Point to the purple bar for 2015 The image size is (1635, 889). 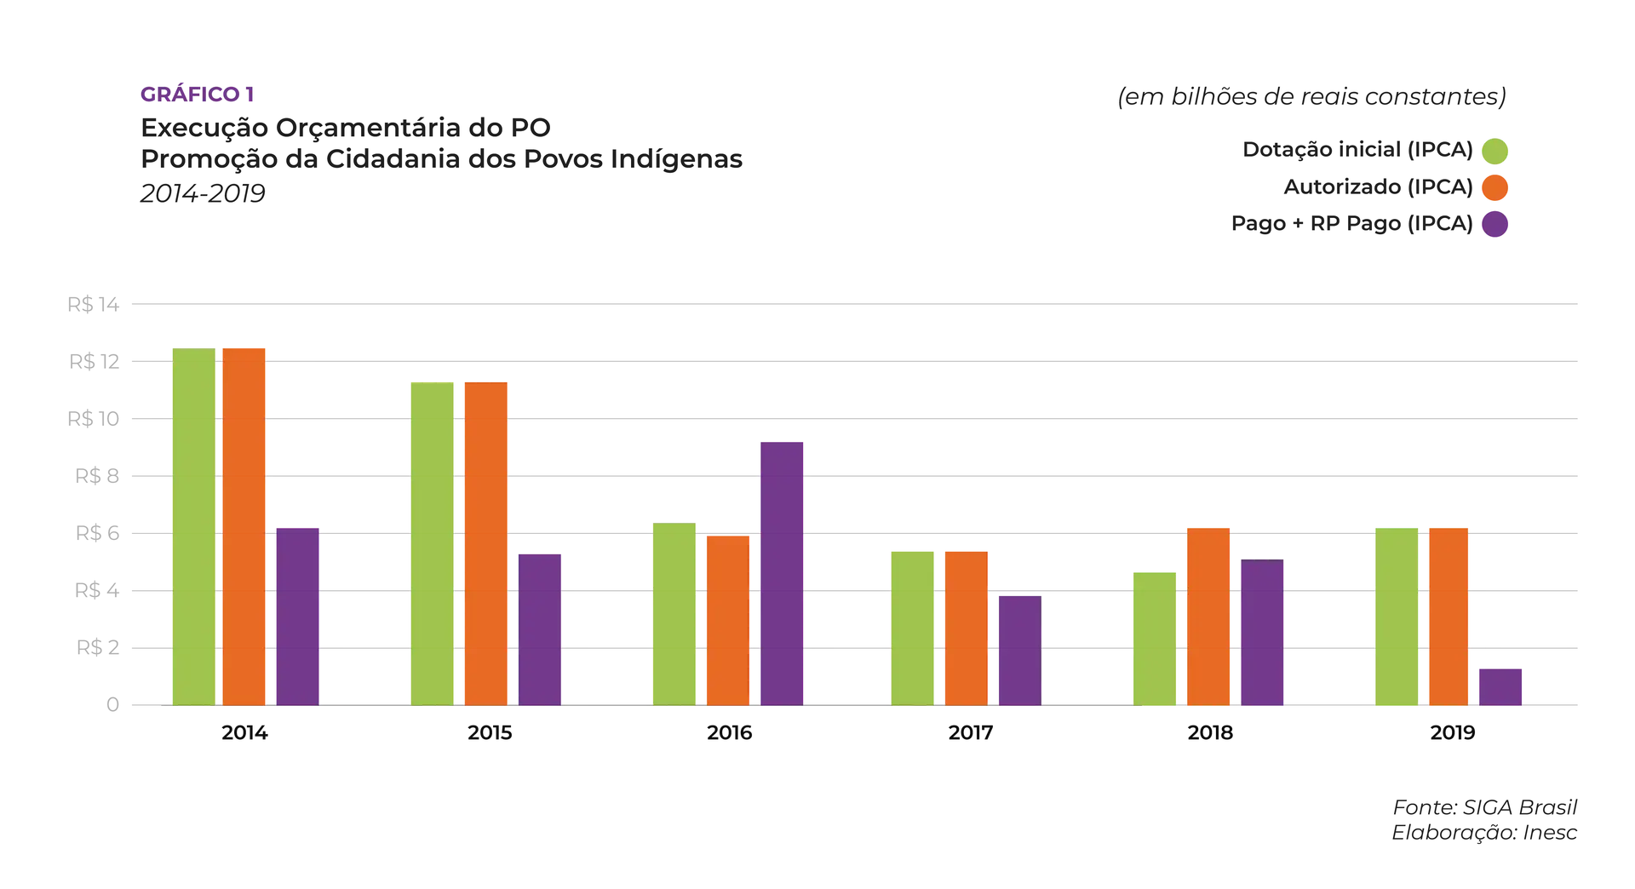(540, 629)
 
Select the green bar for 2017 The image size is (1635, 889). (912, 627)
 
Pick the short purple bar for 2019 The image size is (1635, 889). (1500, 685)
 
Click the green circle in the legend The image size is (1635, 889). (1494, 151)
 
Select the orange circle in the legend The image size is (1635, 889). (1494, 187)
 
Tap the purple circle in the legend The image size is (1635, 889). (1494, 225)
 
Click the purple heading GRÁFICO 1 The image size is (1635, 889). (197, 95)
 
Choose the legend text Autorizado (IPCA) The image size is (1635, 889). (1377, 187)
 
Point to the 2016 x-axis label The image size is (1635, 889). (730, 733)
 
